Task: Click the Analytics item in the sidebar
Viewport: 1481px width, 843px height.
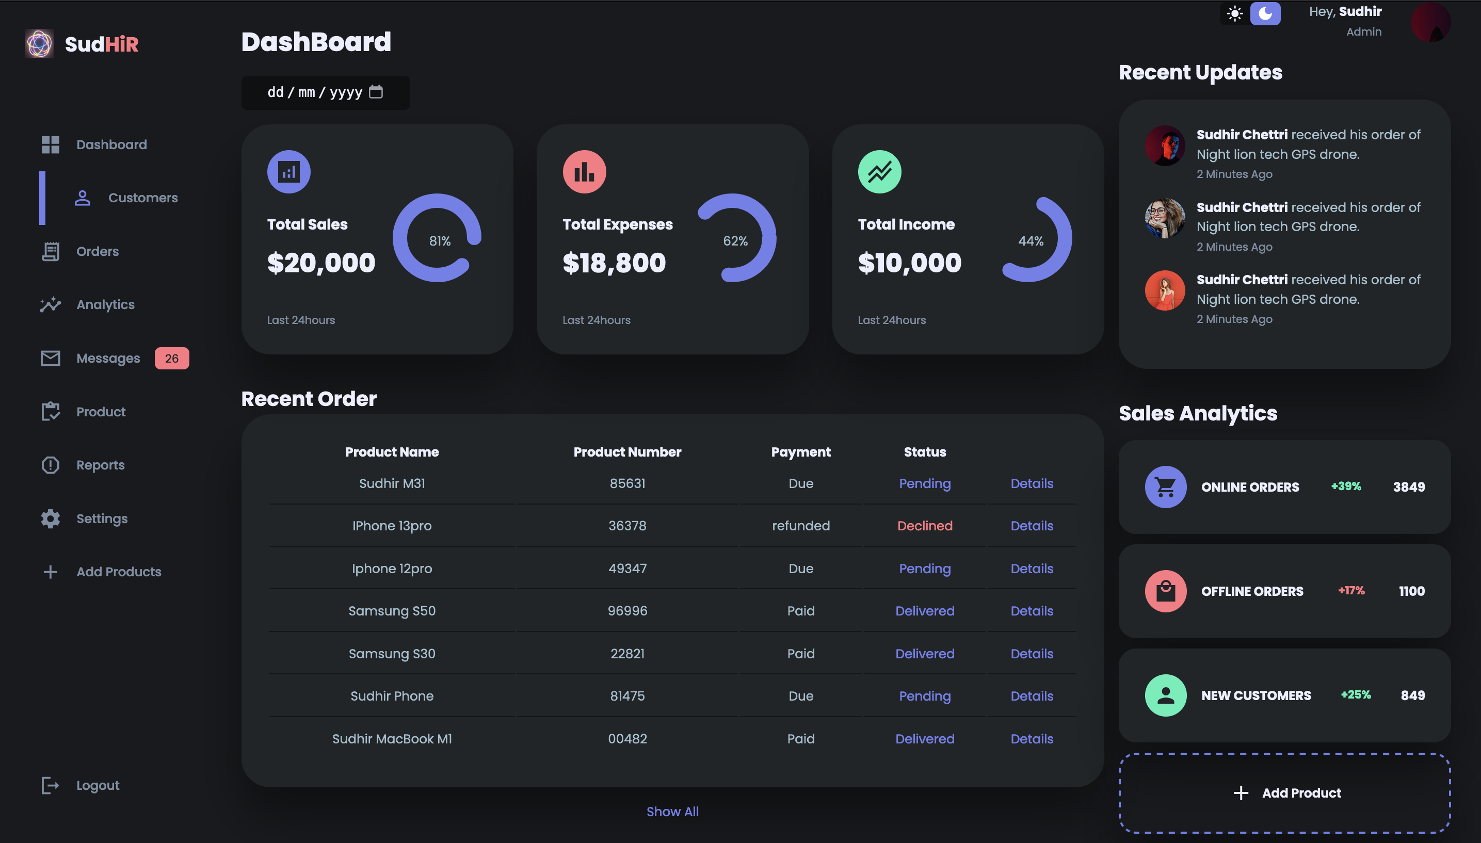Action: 105,304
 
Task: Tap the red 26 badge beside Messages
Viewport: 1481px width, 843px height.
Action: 171,359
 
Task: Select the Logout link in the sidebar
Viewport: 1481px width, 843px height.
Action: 97,785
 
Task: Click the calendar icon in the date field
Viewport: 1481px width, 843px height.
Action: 376,92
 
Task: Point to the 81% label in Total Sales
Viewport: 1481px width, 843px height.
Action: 440,241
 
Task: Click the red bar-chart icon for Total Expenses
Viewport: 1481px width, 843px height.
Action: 584,172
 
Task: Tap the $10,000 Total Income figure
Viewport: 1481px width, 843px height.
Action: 909,263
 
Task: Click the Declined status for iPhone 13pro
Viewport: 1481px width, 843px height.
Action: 924,526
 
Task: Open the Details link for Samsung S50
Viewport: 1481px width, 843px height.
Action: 1031,611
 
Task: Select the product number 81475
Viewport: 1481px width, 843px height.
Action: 627,696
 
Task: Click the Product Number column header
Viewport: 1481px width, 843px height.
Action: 627,452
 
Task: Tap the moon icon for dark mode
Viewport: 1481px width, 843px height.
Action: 1265,13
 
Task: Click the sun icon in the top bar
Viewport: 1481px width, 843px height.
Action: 1234,13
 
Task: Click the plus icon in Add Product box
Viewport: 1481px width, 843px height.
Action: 1240,793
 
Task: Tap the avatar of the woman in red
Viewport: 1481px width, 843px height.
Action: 1164,290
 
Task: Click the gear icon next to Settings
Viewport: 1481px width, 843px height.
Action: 51,519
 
